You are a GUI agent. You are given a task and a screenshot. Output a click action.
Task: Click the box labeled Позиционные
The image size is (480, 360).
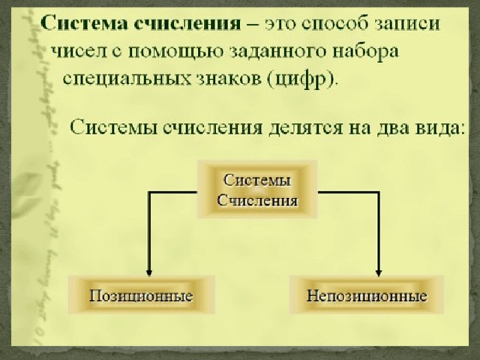[x=141, y=295]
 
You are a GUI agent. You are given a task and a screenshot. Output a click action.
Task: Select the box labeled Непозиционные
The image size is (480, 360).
[x=366, y=295]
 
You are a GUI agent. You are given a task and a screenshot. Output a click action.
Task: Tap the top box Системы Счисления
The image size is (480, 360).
[x=257, y=190]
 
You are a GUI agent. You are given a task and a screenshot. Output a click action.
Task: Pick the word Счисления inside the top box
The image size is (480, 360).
[x=257, y=200]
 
